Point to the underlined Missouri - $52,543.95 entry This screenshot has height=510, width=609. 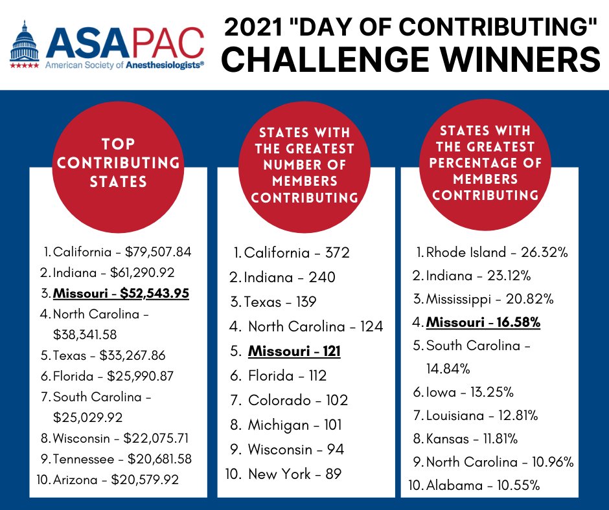(x=121, y=293)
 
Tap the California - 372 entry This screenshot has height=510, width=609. (x=296, y=253)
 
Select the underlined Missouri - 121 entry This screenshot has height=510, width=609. (x=294, y=351)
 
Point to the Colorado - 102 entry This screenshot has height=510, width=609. (x=297, y=401)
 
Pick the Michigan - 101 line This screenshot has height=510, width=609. (x=295, y=425)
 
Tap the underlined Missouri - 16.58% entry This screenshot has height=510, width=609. (x=483, y=322)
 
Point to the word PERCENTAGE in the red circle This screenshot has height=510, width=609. (x=485, y=163)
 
